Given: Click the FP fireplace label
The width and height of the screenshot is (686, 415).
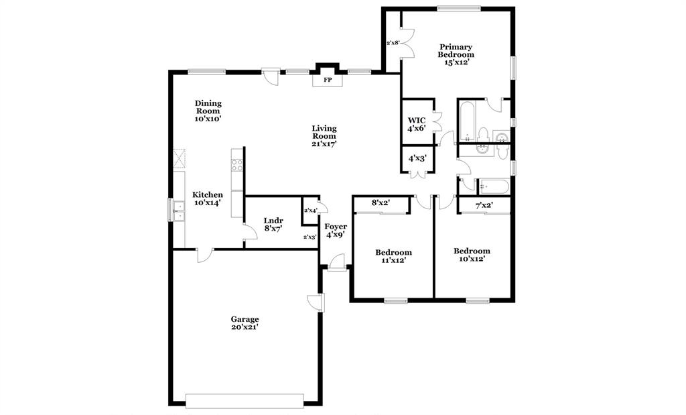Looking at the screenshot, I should [328, 80].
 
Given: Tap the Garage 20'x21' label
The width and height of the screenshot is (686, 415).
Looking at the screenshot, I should [245, 323].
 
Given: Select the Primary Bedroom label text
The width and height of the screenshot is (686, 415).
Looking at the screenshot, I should [456, 54].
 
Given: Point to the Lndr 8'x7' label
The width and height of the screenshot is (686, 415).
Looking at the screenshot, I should [272, 224].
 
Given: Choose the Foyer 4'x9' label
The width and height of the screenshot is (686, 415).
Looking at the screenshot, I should [336, 231].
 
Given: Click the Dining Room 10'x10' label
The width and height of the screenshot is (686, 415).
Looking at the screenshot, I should [208, 111].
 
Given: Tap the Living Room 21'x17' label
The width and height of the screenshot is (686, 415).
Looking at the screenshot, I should [324, 135].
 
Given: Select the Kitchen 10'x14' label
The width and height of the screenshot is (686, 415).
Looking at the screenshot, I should [208, 198].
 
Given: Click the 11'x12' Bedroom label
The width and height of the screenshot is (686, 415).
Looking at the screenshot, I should [393, 257].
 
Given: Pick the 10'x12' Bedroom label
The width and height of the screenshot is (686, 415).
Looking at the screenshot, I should [472, 255].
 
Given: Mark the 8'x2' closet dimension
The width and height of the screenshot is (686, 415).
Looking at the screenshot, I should [381, 202].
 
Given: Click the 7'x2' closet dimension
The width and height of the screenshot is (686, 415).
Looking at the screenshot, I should [484, 206].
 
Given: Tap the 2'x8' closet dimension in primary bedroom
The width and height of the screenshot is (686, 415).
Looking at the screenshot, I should [393, 43].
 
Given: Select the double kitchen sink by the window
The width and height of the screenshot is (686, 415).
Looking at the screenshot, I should [178, 211].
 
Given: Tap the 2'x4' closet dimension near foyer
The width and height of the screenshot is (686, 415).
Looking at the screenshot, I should [310, 211].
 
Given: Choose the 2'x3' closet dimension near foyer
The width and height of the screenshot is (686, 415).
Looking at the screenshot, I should [310, 237].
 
